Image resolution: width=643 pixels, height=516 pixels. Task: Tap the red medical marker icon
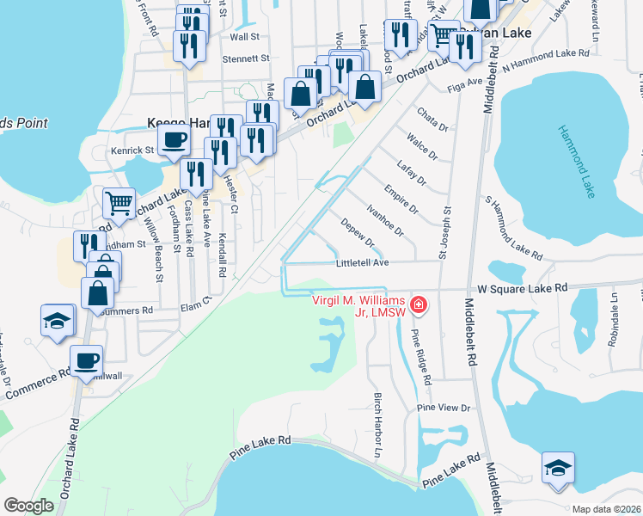(x=419, y=304)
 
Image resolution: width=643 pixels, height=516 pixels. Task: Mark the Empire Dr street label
(x=401, y=200)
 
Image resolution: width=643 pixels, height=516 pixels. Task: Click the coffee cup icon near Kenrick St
(x=173, y=140)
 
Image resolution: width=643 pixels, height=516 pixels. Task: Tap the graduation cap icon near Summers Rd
(x=58, y=322)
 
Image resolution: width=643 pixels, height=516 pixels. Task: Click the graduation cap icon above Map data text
(x=558, y=468)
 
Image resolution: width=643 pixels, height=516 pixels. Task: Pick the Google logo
(x=28, y=506)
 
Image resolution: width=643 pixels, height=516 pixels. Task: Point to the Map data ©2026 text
(x=606, y=509)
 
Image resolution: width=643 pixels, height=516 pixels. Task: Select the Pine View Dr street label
(x=444, y=408)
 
